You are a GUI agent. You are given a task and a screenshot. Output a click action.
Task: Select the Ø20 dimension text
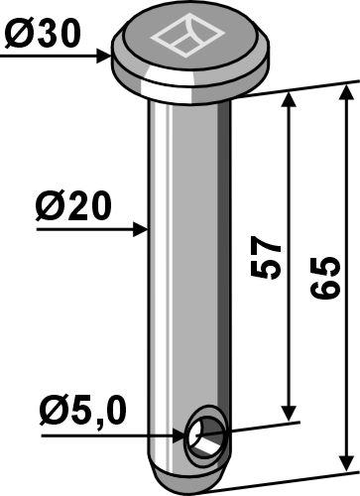(x=73, y=206)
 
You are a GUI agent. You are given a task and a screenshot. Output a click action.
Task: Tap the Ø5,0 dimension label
(x=83, y=411)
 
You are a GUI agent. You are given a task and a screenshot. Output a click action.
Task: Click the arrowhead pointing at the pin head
(x=104, y=57)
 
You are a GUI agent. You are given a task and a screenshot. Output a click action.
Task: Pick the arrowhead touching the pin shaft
(x=140, y=229)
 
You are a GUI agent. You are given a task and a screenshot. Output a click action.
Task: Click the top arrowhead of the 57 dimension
(x=289, y=100)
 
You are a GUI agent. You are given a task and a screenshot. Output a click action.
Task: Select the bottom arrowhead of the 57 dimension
(x=289, y=414)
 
